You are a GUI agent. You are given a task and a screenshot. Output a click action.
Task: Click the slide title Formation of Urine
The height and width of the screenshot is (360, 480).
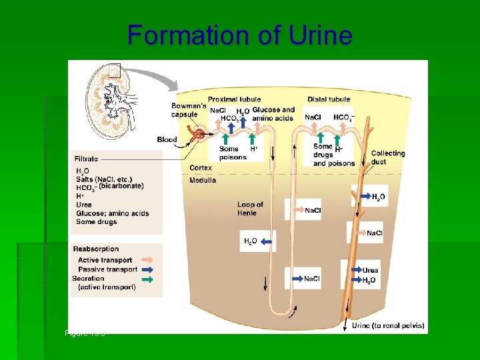(x=239, y=35)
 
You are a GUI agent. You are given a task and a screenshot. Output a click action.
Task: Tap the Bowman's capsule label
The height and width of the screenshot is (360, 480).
(x=188, y=110)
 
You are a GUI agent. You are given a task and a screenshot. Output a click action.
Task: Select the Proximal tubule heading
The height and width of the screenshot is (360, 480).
(x=234, y=99)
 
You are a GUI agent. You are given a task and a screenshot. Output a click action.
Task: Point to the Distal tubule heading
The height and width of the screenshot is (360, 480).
(x=329, y=99)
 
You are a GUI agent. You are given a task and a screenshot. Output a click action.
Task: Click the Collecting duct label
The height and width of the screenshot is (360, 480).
(x=387, y=157)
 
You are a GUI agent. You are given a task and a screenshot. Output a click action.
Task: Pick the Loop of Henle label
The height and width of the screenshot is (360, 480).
(x=250, y=208)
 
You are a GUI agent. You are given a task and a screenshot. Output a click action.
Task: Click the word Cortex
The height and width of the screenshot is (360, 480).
(x=201, y=168)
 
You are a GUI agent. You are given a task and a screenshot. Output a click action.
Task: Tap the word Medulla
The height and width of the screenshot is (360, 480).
(x=203, y=181)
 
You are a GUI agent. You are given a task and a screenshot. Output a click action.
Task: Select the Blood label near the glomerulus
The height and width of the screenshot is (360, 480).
(x=167, y=139)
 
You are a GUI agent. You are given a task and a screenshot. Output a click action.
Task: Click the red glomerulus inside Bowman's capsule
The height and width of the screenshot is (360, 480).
(x=196, y=135)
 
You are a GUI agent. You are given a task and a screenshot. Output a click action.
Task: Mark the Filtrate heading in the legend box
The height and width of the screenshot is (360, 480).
(x=86, y=159)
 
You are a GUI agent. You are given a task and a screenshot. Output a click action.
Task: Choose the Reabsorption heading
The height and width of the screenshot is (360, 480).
(x=96, y=249)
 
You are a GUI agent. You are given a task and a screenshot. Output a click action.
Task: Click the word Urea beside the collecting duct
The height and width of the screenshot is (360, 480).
(x=370, y=270)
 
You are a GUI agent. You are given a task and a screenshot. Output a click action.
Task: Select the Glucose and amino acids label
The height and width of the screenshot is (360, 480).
(x=273, y=113)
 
